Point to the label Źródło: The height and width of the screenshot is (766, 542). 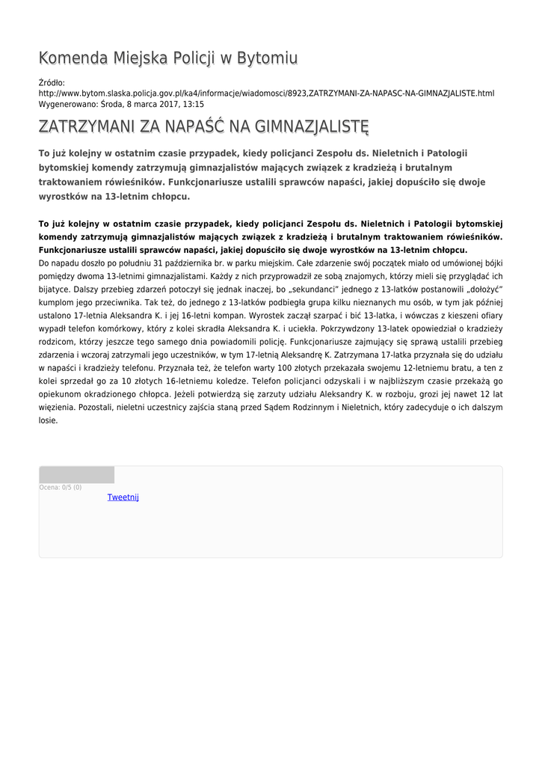click(x=52, y=82)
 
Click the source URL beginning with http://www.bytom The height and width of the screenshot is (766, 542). click(x=266, y=94)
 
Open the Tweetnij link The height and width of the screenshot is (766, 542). click(x=123, y=497)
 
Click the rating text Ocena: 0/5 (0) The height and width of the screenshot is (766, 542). click(x=61, y=488)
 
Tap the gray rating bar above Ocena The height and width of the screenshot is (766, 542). click(x=76, y=475)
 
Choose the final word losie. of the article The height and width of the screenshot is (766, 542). click(x=48, y=420)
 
